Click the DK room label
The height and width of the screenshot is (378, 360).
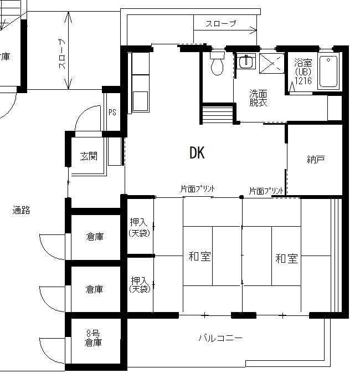tap(197, 152)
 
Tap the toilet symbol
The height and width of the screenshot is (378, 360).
tap(217, 63)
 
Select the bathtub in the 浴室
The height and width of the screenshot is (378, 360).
tap(328, 71)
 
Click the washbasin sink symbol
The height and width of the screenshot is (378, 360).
tap(246, 61)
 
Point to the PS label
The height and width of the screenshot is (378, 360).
tap(112, 112)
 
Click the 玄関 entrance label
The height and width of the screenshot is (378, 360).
tap(89, 156)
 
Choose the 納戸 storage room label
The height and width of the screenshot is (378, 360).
tap(316, 159)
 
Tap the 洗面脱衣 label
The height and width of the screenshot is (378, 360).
tap(258, 98)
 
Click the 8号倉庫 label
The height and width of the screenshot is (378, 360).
tap(93, 338)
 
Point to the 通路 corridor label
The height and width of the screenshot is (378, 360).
tap(21, 210)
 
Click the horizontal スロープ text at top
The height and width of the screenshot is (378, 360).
tap(221, 23)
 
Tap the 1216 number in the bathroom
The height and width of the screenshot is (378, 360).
tap(303, 80)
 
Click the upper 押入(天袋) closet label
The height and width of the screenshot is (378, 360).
tap(139, 227)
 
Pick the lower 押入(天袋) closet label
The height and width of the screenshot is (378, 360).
tap(140, 284)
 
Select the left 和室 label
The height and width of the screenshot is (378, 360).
tap(199, 256)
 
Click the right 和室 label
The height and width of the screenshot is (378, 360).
tap(286, 258)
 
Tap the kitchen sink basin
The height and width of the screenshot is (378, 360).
tap(140, 101)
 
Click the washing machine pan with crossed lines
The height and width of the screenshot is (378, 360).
tap(272, 63)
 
